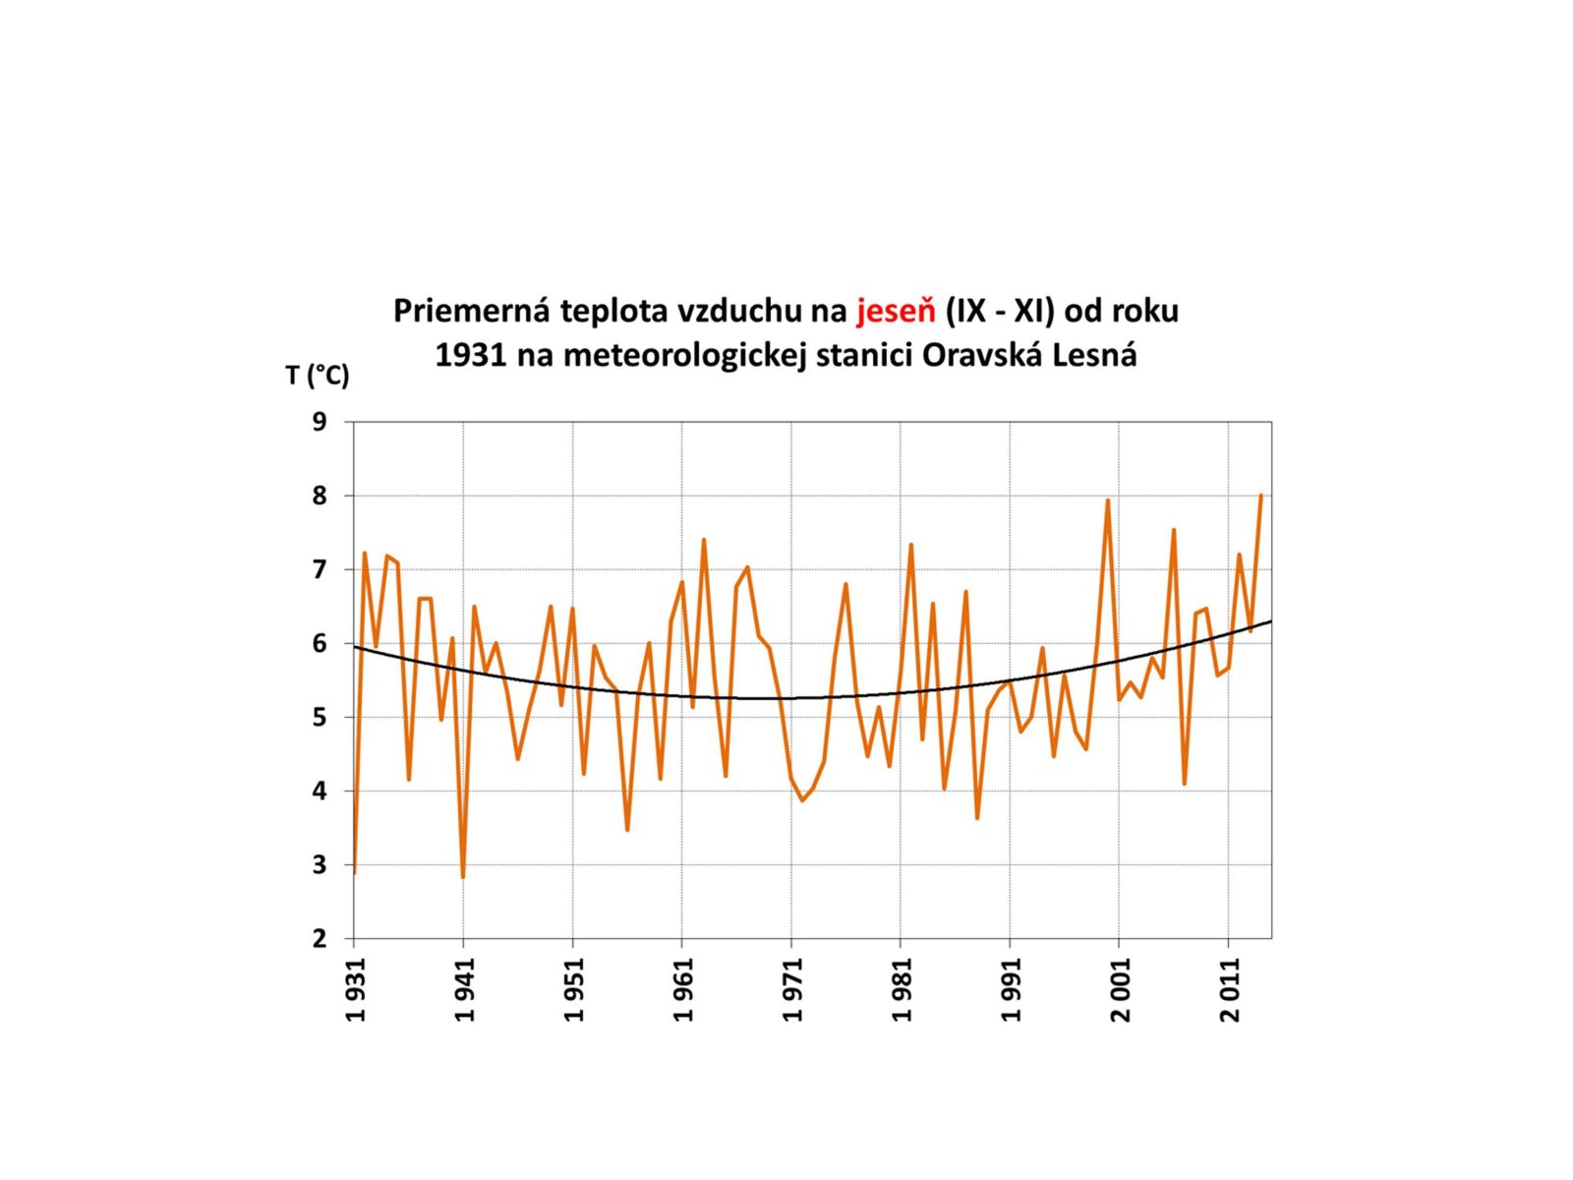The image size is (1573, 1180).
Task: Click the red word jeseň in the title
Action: click(896, 311)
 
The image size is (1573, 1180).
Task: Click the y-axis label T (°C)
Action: click(317, 375)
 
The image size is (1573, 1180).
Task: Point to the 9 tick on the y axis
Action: click(320, 422)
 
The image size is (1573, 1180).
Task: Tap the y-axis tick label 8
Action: click(320, 496)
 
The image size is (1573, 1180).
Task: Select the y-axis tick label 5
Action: click(320, 717)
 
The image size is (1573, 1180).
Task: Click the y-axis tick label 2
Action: click(320, 938)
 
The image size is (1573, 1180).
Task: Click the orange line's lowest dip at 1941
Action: click(463, 875)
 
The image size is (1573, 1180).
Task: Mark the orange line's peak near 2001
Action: click(1108, 501)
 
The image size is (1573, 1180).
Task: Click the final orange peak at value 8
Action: click(1260, 496)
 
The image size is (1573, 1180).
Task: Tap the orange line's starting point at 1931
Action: click(354, 872)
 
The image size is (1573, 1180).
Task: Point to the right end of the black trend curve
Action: click(1271, 621)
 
